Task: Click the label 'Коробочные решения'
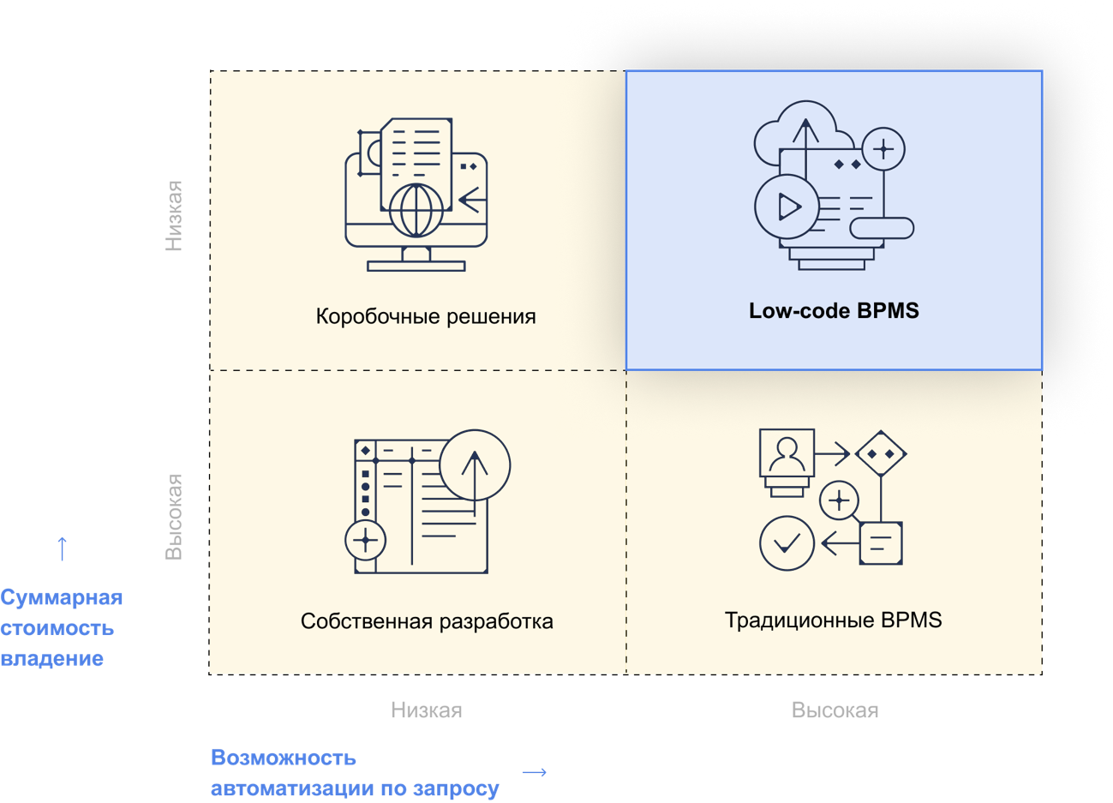click(426, 316)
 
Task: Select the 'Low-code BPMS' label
click(834, 310)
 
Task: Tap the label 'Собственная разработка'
click(427, 621)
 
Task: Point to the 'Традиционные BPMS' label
click(833, 620)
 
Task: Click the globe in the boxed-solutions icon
click(416, 210)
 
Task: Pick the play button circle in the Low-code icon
click(786, 207)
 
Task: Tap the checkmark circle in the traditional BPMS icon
click(787, 542)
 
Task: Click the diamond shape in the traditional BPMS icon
click(881, 453)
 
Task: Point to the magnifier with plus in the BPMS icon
click(840, 500)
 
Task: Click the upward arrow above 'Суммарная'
click(62, 548)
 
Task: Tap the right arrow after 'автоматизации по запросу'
click(534, 772)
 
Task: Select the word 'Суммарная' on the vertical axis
click(62, 597)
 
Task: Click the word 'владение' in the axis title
click(52, 659)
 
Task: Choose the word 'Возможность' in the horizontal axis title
click(284, 758)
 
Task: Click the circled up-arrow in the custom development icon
click(475, 465)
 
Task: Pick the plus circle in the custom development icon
click(366, 540)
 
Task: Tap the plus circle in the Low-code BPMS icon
click(883, 150)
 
